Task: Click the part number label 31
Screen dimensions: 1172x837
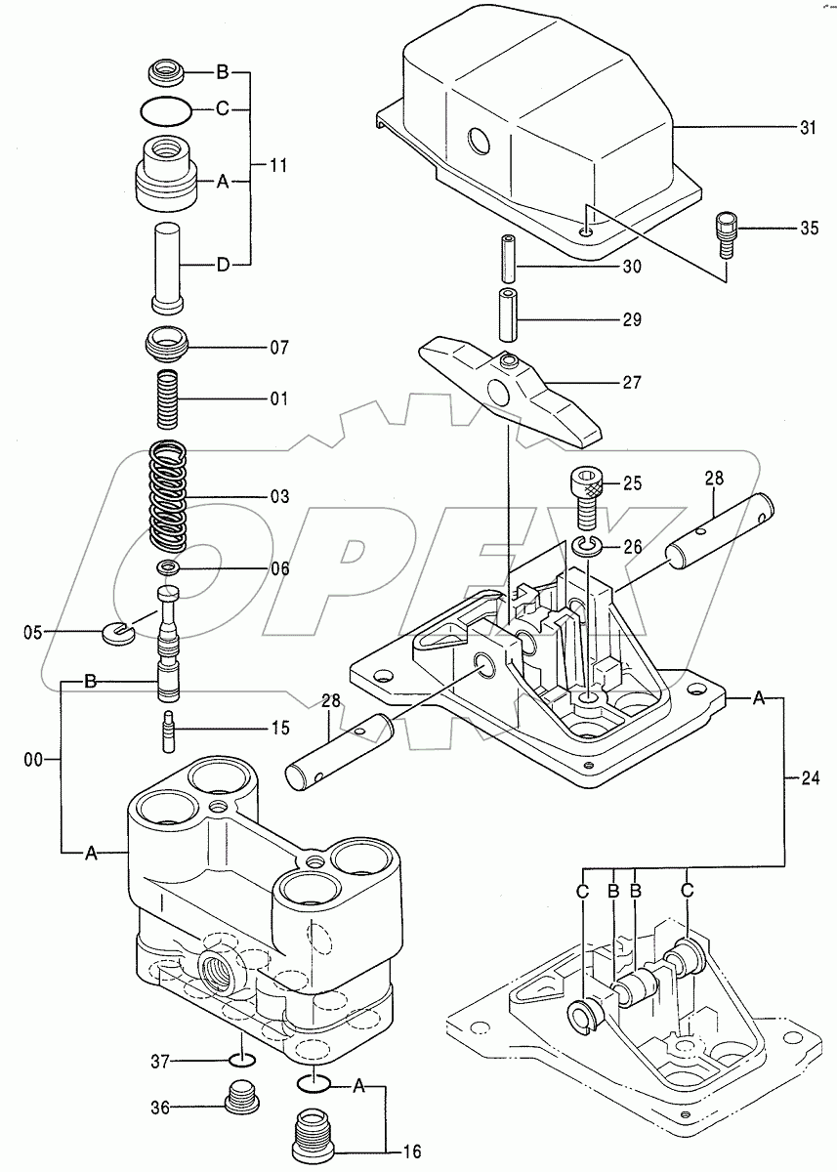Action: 806,128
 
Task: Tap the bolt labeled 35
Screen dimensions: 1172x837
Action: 725,232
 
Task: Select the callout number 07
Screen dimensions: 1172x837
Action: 278,346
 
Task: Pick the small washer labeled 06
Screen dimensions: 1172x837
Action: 169,568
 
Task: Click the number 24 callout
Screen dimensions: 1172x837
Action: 806,778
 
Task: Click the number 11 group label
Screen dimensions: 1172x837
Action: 278,166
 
